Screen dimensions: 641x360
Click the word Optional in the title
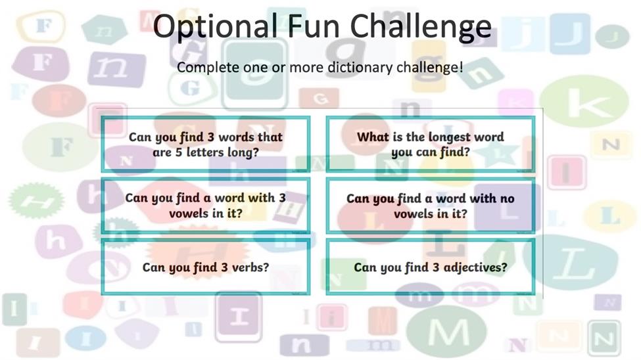pos(216,26)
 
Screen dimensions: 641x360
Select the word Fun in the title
pos(314,26)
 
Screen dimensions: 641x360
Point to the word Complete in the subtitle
pos(208,68)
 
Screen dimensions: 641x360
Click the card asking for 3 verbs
pos(206,267)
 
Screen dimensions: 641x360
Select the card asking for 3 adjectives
pos(431,267)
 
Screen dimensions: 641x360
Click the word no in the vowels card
pos(508,199)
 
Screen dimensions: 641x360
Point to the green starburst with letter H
pos(36,200)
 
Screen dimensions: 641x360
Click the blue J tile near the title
pos(570,34)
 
